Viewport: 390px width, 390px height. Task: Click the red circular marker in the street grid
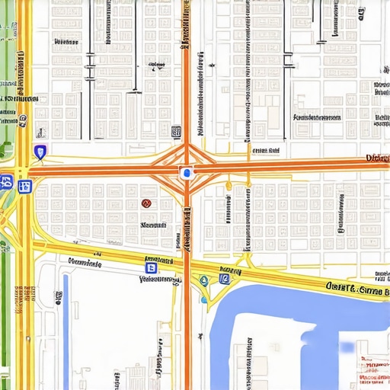point(146,203)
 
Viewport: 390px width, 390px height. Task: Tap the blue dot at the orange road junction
point(184,173)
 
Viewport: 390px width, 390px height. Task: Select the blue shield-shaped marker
point(40,152)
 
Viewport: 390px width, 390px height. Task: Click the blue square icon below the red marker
point(151,267)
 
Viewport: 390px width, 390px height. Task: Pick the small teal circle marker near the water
point(204,281)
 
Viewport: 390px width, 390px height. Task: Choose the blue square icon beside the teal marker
point(224,279)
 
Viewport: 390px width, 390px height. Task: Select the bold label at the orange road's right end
point(377,158)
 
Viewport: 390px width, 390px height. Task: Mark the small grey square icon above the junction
point(176,131)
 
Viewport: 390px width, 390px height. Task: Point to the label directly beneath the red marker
point(153,225)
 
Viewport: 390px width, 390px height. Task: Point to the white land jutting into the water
point(267,358)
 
